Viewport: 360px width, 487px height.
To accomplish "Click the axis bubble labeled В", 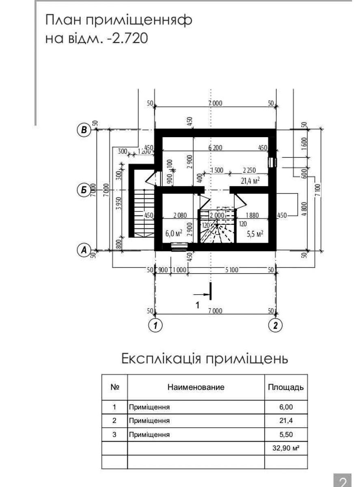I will coord(84,130).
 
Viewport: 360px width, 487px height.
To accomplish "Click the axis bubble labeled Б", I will coord(84,190).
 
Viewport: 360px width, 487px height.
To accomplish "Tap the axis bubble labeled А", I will coord(84,250).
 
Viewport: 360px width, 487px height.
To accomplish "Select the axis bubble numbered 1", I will coord(154,325).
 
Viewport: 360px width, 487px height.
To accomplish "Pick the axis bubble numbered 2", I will coord(276,325).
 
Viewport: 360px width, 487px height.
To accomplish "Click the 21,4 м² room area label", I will coord(250,180).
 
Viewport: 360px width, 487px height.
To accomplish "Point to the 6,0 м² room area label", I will coord(173,234).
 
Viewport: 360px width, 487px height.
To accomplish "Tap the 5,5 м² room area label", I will coord(255,234).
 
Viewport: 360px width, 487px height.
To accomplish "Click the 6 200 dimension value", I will coord(215,148).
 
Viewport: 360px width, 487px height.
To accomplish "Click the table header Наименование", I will coord(196,387).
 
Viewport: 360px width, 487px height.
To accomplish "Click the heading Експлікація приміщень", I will coord(205,359).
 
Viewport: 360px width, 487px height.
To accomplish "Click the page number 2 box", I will coord(342,481).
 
